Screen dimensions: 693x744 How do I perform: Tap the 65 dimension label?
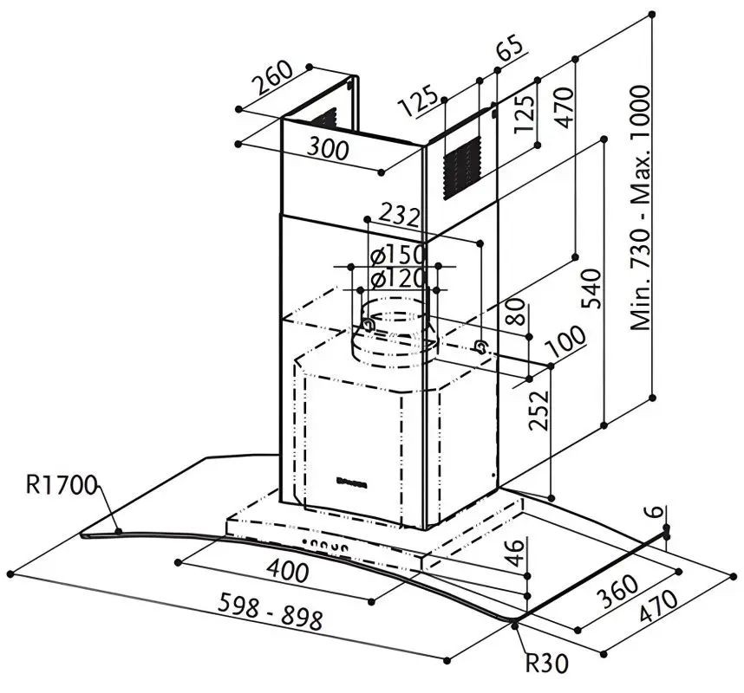(x=510, y=49)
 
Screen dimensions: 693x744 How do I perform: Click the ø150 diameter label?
(x=395, y=256)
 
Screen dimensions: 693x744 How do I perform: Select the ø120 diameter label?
(x=395, y=279)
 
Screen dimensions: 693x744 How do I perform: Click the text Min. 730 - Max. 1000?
(x=641, y=208)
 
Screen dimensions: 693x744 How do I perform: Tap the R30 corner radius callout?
(x=546, y=664)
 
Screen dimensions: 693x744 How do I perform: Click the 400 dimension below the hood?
(x=287, y=572)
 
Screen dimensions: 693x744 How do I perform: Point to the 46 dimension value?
(x=516, y=553)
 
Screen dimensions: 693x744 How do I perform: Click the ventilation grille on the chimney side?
(x=460, y=166)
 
